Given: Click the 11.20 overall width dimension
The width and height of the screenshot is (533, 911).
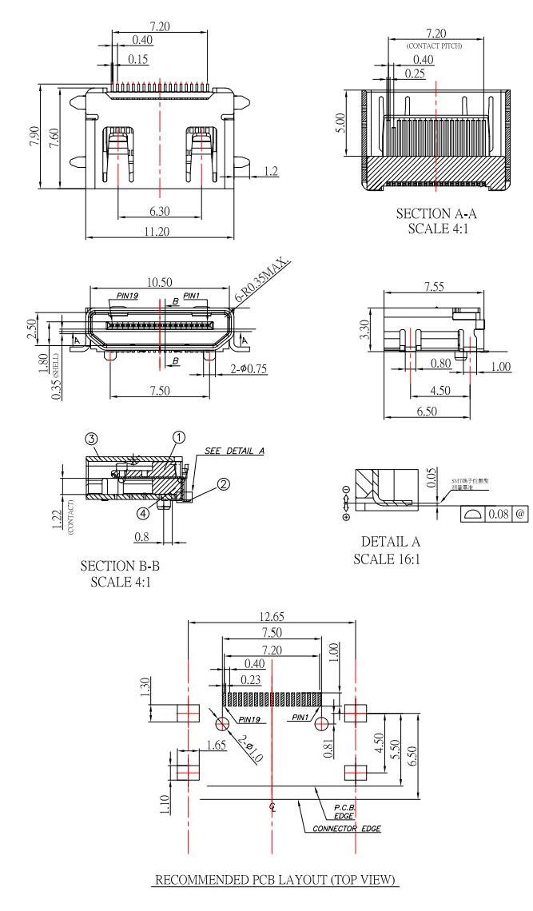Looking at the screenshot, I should click(159, 233).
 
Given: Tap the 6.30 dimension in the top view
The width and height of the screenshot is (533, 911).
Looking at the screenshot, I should click(159, 212).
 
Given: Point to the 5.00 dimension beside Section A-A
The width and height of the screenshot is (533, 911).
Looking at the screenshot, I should click(341, 125).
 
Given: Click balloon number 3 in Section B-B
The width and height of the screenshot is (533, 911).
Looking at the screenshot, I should click(92, 440).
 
